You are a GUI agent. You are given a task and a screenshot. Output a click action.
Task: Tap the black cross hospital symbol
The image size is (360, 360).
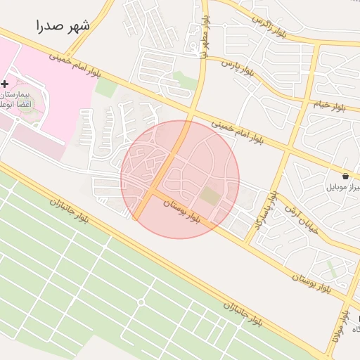point(5,84)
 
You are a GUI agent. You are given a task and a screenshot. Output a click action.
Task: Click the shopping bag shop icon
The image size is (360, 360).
point(345,176)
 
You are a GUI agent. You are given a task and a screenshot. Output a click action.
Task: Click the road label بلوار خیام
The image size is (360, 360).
point(329,103)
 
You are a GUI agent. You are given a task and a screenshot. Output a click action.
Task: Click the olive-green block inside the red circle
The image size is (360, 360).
point(210,195)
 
